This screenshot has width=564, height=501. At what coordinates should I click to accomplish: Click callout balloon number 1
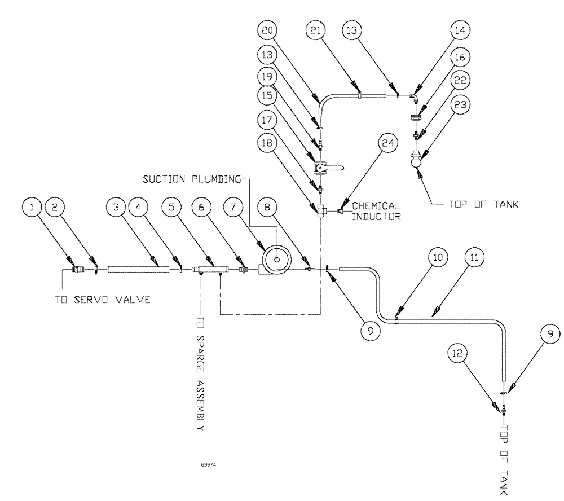coord(33,206)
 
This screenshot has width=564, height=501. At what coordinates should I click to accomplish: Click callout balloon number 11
coord(474,257)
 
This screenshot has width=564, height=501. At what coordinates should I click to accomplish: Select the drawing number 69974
coord(208,466)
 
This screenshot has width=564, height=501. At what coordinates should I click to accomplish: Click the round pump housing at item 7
coord(276,260)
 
